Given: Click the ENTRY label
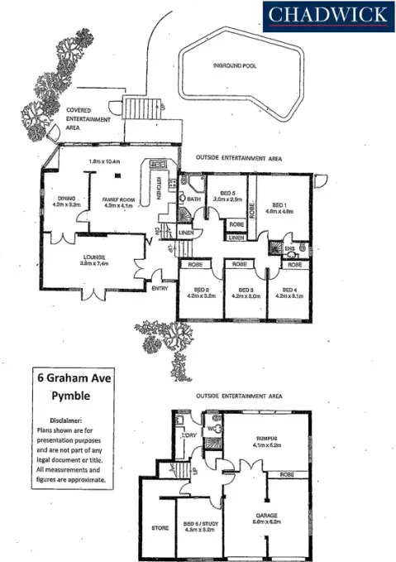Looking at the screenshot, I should click(160, 288).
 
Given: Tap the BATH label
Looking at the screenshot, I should click(195, 199).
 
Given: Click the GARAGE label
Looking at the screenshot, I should click(269, 516).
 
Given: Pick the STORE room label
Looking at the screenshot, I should click(160, 526).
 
